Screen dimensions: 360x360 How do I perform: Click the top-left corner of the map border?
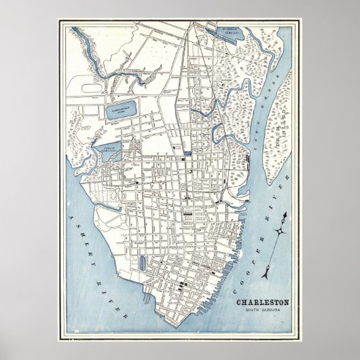58,20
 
